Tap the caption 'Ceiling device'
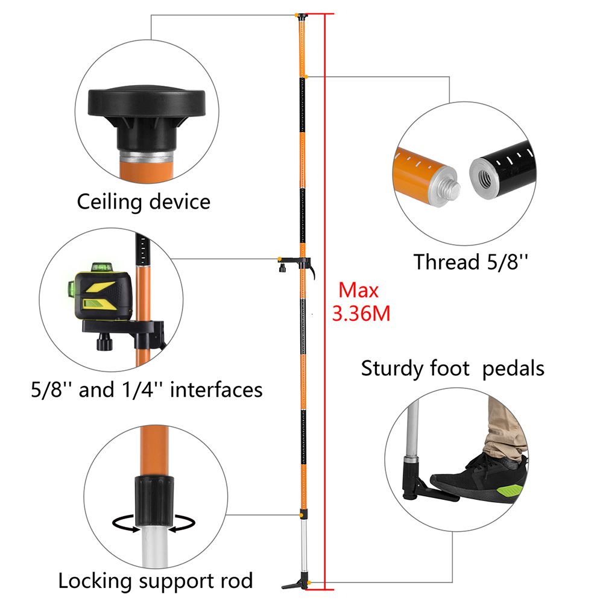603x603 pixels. [x=144, y=201]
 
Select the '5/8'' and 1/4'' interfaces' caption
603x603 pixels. [x=147, y=390]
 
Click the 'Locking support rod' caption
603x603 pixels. [x=155, y=581]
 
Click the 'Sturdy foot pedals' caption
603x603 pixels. [x=452, y=368]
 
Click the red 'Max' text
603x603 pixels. [x=358, y=291]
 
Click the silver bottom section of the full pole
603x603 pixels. [x=303, y=549]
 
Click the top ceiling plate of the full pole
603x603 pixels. [x=301, y=14]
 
